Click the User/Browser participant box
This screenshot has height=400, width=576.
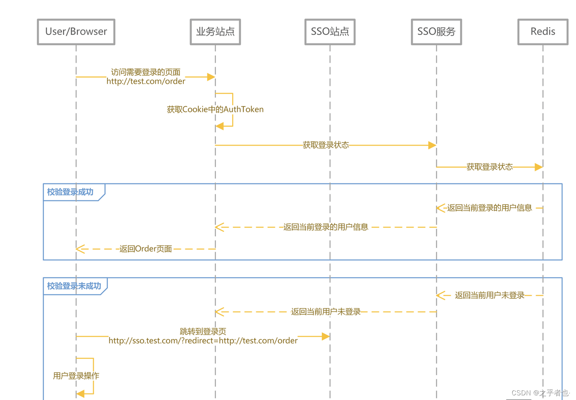[76, 32]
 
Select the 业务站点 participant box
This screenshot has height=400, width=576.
[215, 32]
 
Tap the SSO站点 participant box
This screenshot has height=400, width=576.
[330, 32]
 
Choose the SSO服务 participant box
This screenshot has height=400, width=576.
[436, 32]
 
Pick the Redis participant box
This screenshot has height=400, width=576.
[543, 32]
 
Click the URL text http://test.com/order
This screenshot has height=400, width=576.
[146, 81]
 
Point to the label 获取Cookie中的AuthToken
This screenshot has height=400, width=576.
[215, 109]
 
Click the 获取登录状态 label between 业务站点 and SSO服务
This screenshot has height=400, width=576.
[326, 145]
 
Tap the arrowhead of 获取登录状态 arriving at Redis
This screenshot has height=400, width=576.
[538, 167]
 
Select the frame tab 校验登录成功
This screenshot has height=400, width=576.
[71, 192]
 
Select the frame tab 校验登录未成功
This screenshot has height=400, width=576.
[74, 286]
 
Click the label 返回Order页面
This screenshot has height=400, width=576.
[145, 249]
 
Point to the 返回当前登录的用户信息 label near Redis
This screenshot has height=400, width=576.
[489, 208]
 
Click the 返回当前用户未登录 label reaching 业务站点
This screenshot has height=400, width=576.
[326, 312]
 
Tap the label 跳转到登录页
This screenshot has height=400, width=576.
[203, 331]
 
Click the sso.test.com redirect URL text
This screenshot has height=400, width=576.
[203, 341]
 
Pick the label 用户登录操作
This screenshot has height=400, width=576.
[76, 376]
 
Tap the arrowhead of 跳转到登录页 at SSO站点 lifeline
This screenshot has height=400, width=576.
[326, 336]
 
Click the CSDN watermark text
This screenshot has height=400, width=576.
[540, 393]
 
